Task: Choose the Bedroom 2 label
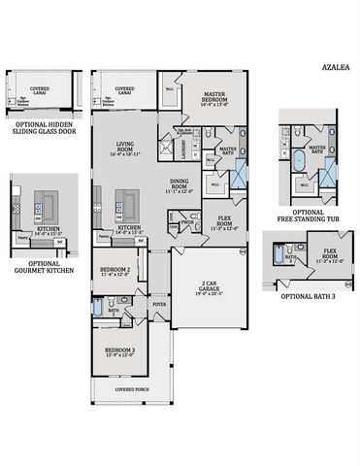tap(115, 271)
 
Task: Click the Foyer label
tap(158, 305)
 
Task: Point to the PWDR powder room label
tap(184, 220)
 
